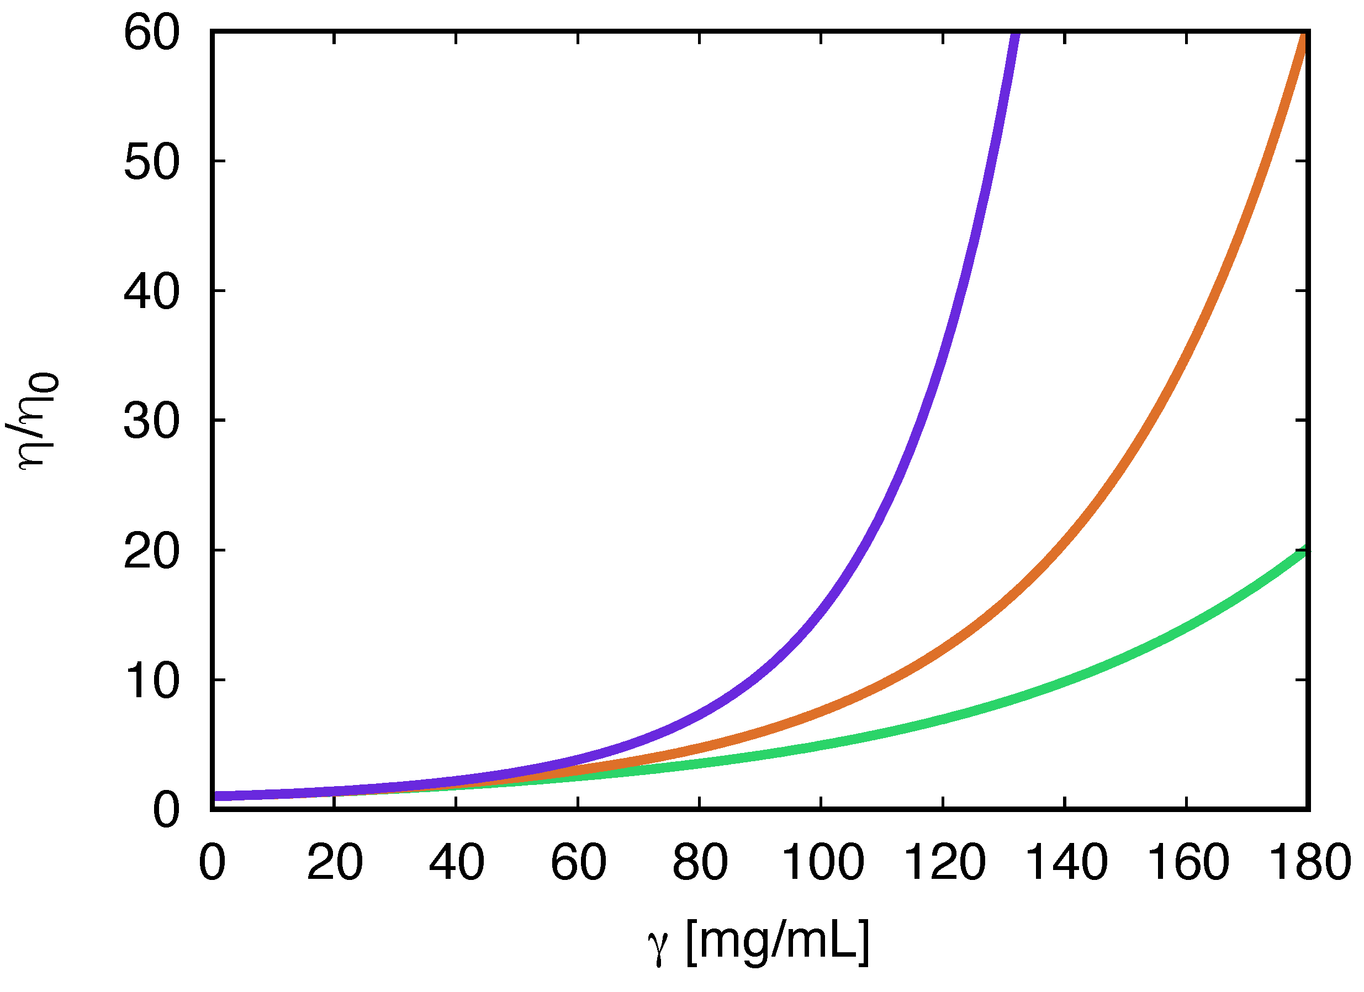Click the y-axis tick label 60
[151, 33]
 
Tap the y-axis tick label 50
[151, 162]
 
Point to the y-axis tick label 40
[151, 292]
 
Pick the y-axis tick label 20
[151, 552]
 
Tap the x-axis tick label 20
[335, 862]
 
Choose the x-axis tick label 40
[457, 862]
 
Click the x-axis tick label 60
[579, 862]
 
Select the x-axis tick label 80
[700, 862]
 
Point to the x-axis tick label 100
[822, 862]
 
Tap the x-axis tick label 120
[944, 862]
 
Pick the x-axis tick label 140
[1066, 862]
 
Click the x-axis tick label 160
[1188, 862]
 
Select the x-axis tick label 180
[1309, 862]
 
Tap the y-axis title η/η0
[35, 421]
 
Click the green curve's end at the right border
[1305, 549]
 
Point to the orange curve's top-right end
[1305, 38]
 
